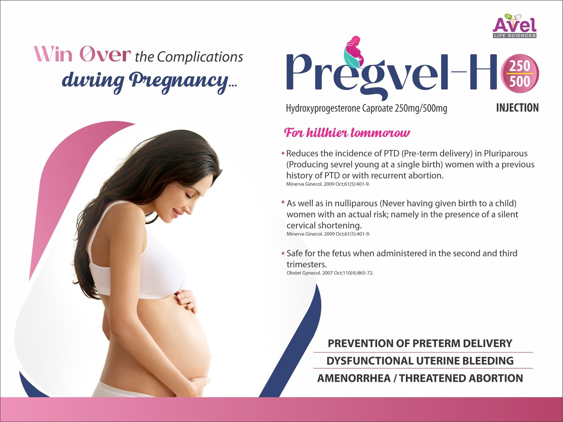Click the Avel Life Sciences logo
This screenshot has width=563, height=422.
coord(514,26)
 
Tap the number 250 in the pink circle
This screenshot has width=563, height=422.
coord(520,66)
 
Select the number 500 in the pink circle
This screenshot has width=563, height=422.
coord(520,81)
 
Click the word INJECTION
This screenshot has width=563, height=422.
coord(517,108)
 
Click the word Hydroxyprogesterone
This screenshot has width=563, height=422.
coord(323,108)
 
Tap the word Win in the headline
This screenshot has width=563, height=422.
coord(53,54)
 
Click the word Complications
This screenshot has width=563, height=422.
coord(200,57)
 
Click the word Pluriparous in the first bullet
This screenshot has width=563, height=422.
coord(506,153)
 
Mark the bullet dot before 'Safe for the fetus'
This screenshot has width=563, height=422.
coord(283,254)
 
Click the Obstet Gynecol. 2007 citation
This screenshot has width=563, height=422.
coord(330,273)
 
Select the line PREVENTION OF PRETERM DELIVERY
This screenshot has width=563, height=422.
coord(420,343)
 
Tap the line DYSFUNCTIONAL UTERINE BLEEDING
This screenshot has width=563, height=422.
coord(420,361)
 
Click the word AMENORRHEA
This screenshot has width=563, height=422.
coord(354,378)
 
